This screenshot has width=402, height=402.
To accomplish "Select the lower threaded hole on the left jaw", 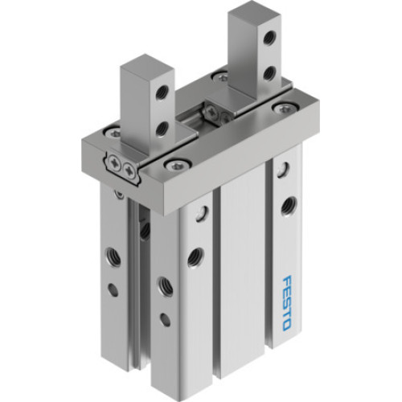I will pos(162,127).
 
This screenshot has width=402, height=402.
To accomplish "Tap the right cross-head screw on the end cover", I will pos(130,168).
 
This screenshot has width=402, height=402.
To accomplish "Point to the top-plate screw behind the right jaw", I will pos(219,77).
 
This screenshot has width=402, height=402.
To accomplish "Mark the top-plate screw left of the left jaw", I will pos(115,131).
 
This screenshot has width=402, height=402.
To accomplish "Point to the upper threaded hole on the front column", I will pos(195,256).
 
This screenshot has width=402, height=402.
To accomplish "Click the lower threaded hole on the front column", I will pos(164,285).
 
